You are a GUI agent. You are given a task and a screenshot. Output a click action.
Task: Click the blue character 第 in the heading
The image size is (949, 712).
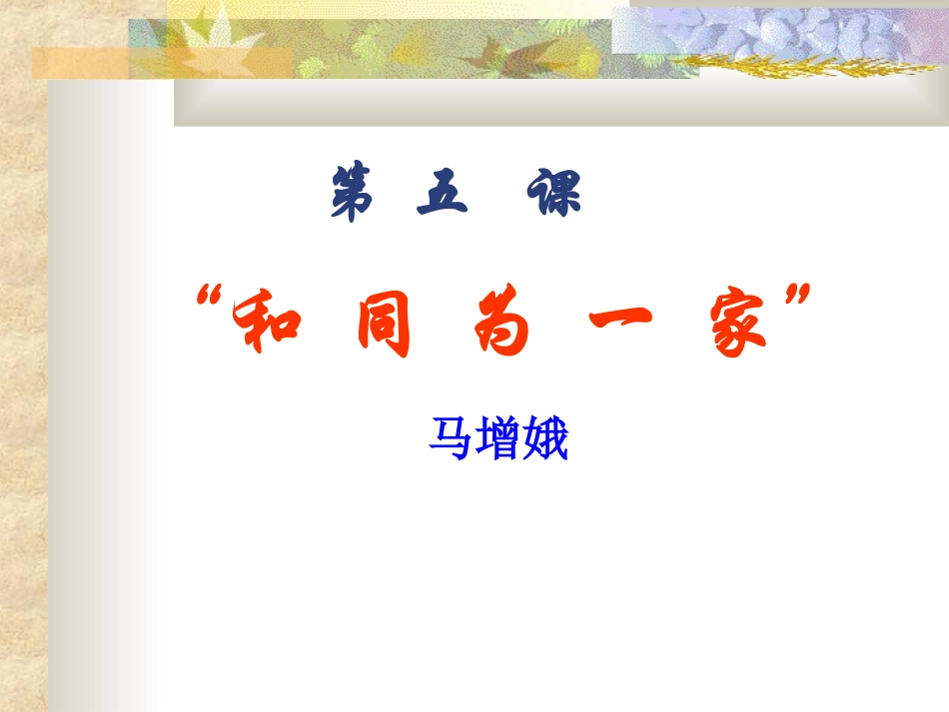pos(351,194)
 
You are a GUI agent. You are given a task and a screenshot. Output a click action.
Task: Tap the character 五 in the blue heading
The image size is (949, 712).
pos(441,192)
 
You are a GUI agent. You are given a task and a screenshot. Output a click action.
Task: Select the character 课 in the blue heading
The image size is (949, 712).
pos(552,193)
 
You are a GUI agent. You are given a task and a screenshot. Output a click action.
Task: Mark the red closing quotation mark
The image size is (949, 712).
pos(796,298)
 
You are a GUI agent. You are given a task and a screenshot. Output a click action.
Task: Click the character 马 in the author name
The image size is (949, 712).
pos(451,439)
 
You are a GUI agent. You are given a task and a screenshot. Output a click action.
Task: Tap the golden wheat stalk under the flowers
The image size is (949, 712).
pos(819,68)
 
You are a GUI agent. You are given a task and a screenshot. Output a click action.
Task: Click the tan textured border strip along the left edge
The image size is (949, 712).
pos(22,399)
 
